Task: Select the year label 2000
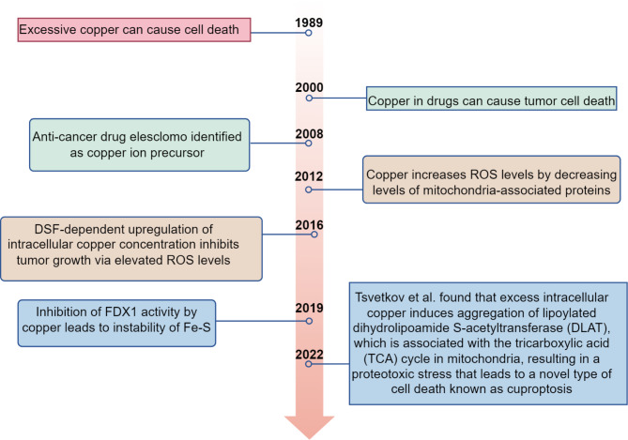click(310, 87)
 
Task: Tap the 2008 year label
click(309, 134)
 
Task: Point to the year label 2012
click(310, 174)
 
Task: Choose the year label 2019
click(309, 307)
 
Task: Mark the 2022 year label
click(309, 354)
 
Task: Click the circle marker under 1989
click(309, 33)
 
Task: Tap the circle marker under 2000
click(309, 98)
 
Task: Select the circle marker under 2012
click(309, 187)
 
